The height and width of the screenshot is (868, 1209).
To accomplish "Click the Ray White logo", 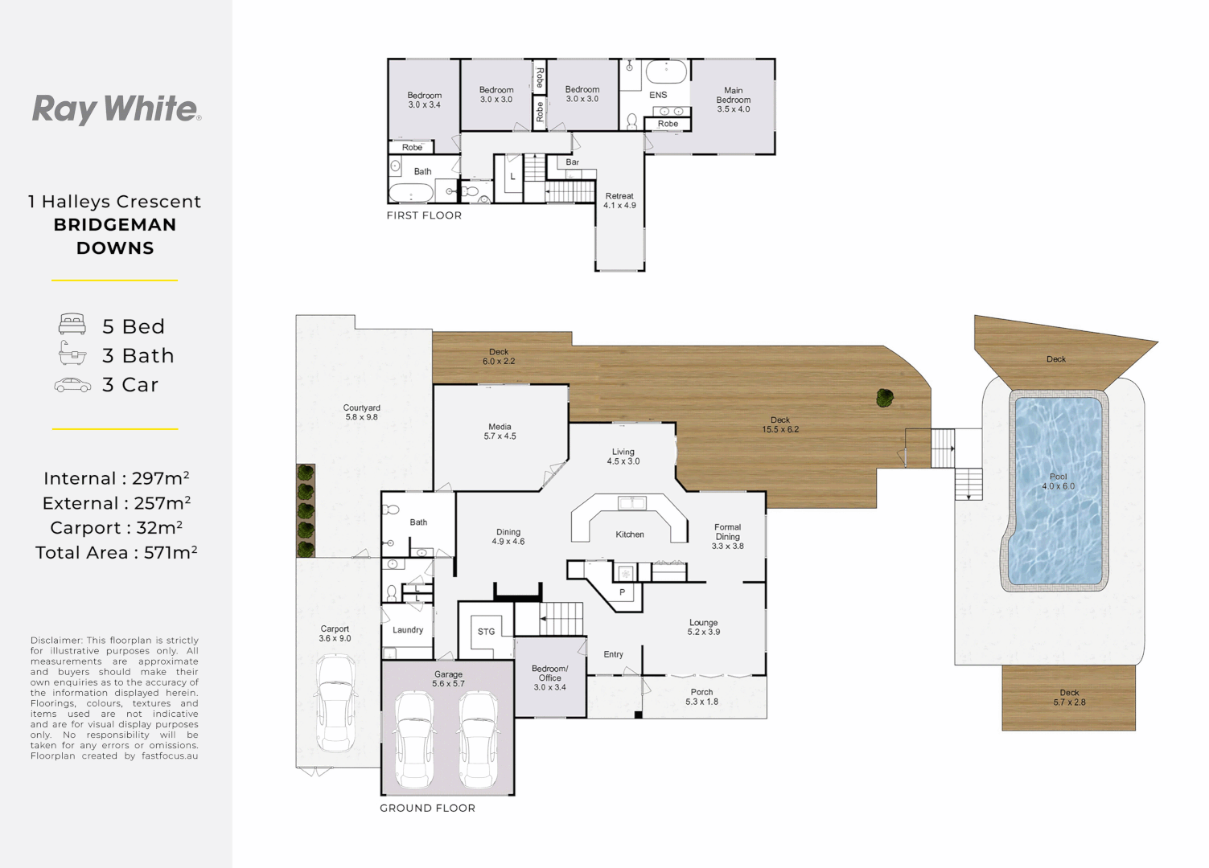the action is pos(117,109).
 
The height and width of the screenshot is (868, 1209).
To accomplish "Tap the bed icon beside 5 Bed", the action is pos(72,324).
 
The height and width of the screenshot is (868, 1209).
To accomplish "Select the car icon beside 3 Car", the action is pos(72,385).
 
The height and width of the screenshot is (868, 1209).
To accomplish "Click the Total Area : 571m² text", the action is pos(116,553).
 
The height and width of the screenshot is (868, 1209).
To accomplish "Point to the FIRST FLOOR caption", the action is pos(424,215).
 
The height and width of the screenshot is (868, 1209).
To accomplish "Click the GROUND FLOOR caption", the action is pos(427,809).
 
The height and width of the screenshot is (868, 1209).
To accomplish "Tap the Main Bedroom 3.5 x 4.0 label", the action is pos(734,100).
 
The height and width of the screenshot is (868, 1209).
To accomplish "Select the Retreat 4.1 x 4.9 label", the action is pos(619,201).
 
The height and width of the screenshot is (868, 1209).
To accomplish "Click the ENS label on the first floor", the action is pos(658,95).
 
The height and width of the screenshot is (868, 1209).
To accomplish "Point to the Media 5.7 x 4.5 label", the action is pos(500,432).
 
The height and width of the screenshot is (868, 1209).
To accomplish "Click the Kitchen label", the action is pos(630,534).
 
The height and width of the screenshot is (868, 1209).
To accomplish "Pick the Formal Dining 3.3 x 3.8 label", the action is pos(727,536).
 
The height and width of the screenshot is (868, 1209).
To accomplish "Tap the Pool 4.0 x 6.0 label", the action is pos(1058,481).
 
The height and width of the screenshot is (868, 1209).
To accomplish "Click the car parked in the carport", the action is pos(335,703).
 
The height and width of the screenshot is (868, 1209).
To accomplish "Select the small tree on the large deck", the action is pos(885,398).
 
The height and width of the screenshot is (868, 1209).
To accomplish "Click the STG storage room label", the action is pos(487,632).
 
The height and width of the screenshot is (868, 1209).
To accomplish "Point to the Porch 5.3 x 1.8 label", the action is pos(701,697).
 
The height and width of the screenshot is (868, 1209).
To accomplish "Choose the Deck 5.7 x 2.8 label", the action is pos(1069,697).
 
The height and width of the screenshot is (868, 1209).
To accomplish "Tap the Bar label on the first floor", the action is pos(572,162).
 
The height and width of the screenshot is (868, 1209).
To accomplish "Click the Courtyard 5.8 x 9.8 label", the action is pos(362,412).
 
